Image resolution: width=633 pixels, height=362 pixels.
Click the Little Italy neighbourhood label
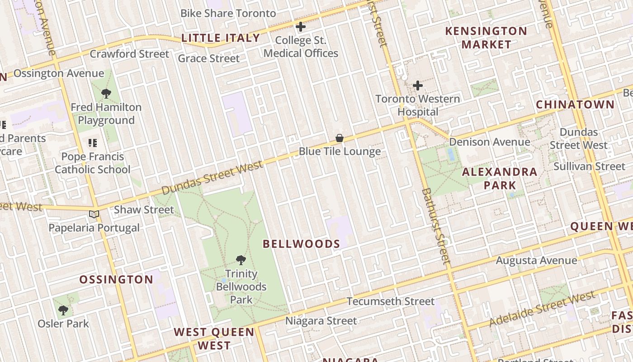(221, 38)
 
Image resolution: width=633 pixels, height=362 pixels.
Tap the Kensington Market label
(486, 38)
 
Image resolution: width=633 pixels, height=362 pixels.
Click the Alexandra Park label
(500, 178)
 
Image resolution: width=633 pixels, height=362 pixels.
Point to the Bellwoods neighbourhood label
(302, 244)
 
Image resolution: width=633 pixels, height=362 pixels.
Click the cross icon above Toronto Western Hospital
(418, 85)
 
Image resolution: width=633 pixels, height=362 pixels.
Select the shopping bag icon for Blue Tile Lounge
(340, 138)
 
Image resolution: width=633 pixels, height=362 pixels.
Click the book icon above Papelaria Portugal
(94, 214)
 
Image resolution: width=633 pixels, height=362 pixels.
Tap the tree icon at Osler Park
(63, 310)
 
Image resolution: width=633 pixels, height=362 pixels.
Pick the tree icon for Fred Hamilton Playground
(106, 94)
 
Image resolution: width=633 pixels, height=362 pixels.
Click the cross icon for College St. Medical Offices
(300, 27)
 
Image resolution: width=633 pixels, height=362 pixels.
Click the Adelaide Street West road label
(543, 309)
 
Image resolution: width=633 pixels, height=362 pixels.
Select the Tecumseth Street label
(390, 301)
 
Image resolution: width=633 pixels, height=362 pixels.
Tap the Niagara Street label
(321, 321)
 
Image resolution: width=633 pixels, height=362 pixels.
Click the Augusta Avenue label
(536, 261)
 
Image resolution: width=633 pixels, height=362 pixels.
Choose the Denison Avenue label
(489, 142)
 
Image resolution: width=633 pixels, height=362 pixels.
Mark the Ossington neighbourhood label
(116, 280)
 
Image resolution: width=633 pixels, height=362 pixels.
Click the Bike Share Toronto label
(228, 13)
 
